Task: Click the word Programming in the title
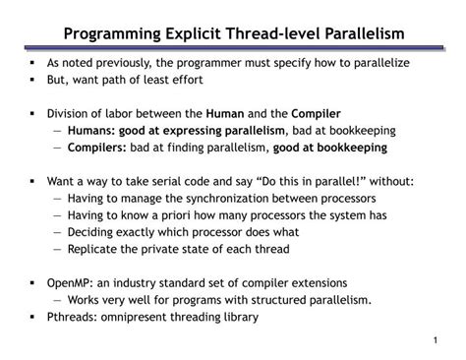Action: click(x=109, y=35)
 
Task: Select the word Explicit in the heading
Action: click(x=194, y=35)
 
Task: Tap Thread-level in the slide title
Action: click(x=271, y=35)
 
